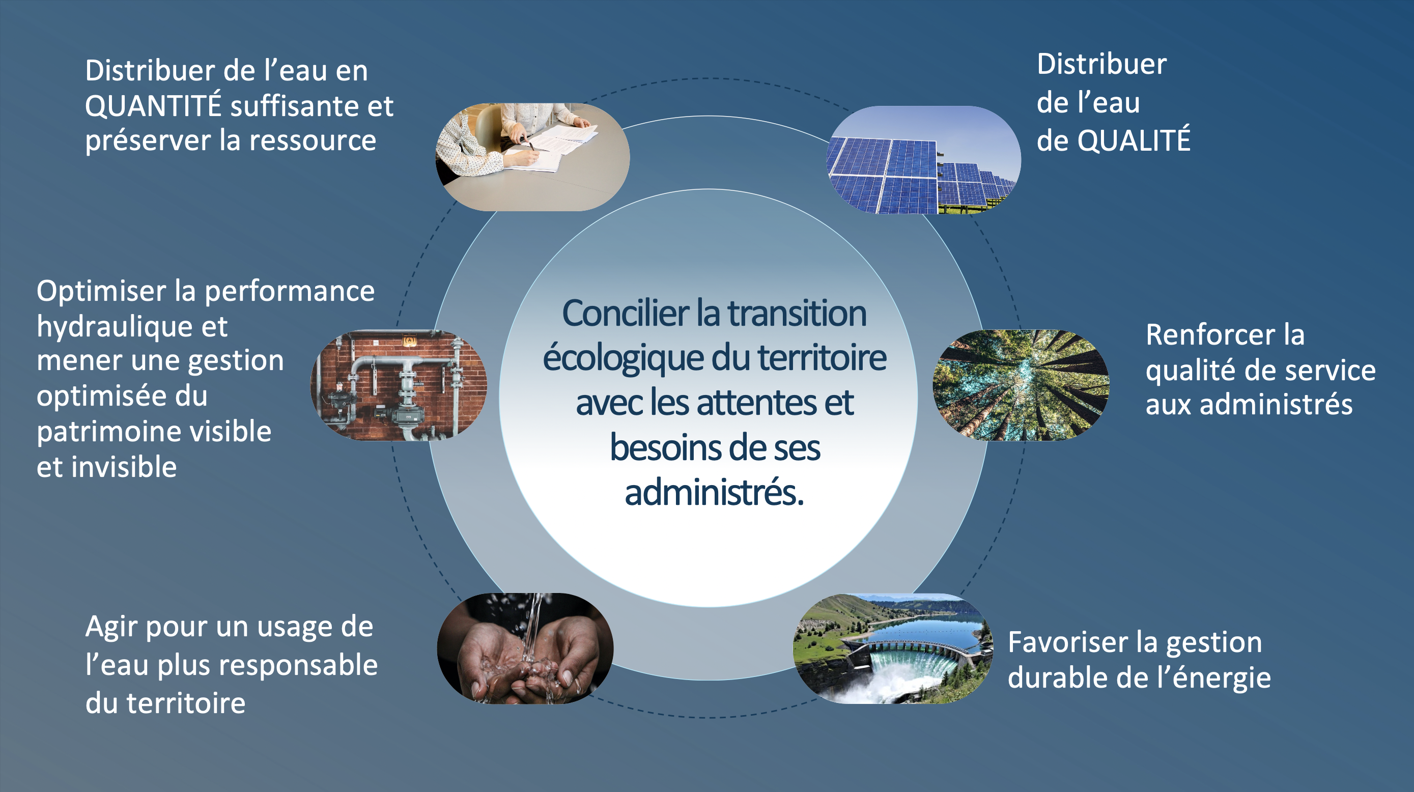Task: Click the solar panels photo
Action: coord(924,160)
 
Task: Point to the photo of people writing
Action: coord(532,157)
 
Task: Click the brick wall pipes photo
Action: coord(399,385)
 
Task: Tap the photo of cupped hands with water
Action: coord(525,648)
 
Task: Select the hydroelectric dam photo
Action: coord(893,648)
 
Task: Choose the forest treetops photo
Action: coord(1021,385)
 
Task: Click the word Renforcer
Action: coord(1210,334)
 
